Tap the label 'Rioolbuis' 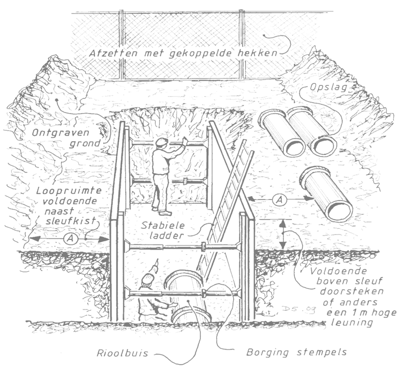coord(122,353)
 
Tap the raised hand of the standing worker coord(184,142)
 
